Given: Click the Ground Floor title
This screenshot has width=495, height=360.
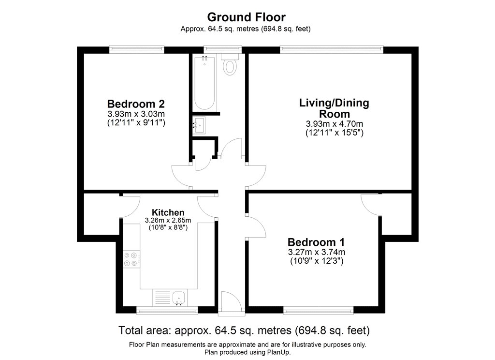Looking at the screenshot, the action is coord(246,17).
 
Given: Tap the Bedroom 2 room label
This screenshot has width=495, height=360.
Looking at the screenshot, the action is coord(136,104).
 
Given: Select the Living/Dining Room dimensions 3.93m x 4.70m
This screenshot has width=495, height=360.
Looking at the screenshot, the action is coord(335,124).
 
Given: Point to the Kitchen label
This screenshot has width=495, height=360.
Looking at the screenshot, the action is coord(168,212).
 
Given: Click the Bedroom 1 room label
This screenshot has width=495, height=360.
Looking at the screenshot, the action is coord(316,242).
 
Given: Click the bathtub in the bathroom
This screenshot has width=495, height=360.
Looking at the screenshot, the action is coord(205,83).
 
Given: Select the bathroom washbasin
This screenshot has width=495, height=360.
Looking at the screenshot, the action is coord(199,125).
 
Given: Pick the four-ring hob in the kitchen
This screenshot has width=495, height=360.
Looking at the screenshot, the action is coord(131,259).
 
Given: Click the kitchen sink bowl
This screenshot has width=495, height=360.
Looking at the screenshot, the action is coord(179,298).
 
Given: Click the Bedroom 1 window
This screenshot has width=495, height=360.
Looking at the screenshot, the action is coord(318,310).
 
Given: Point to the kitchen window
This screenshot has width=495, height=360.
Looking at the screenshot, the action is coord(167,310).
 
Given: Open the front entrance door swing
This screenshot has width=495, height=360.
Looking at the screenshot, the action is coord(232,303).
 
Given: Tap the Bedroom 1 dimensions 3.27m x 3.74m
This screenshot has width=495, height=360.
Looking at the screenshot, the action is coord(316,252).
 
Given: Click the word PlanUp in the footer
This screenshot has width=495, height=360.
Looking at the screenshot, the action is coord(278,352).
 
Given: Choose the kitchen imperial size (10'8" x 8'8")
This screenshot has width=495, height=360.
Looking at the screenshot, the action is coord(168,227).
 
